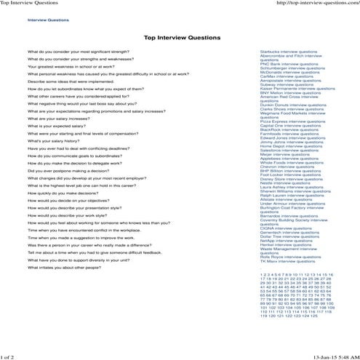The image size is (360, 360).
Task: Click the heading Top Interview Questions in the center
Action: point(182,36)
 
